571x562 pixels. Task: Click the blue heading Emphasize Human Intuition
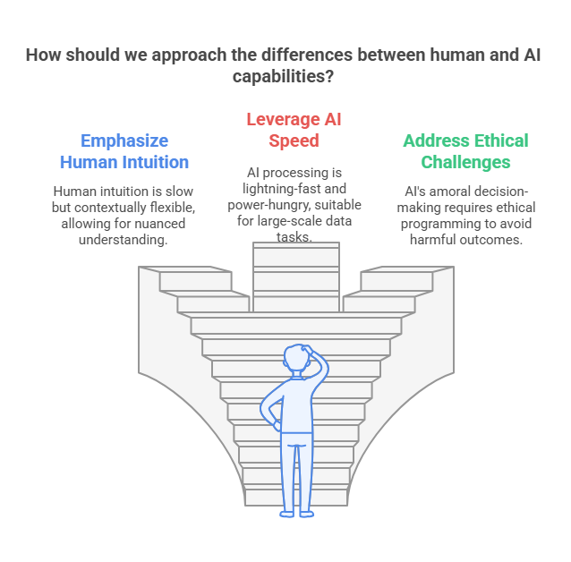click(x=124, y=151)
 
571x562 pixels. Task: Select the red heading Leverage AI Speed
click(x=294, y=130)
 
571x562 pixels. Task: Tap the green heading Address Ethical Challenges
click(x=465, y=151)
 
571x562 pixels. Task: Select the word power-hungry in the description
click(x=269, y=205)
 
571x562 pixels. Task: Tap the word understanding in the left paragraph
click(x=123, y=240)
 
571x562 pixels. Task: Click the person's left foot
click(x=287, y=514)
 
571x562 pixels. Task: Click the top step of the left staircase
click(x=195, y=281)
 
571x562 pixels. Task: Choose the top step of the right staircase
click(x=396, y=281)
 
